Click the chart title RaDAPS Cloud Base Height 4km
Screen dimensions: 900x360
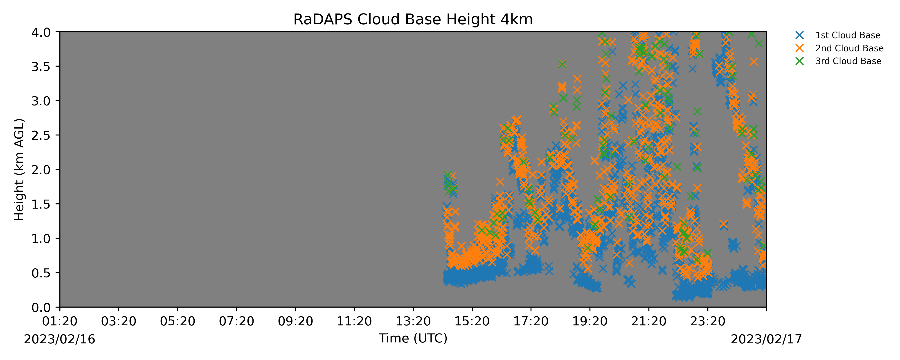pos(413,20)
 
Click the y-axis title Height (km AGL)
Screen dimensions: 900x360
pos(19,169)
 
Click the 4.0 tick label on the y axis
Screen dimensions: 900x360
pos(41,32)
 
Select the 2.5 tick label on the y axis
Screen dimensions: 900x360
pos(41,135)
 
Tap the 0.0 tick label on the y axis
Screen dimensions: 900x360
pos(41,308)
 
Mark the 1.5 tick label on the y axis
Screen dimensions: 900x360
pos(41,204)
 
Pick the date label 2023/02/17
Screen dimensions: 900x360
pos(767,339)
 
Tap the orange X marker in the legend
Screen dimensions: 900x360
pos(799,48)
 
